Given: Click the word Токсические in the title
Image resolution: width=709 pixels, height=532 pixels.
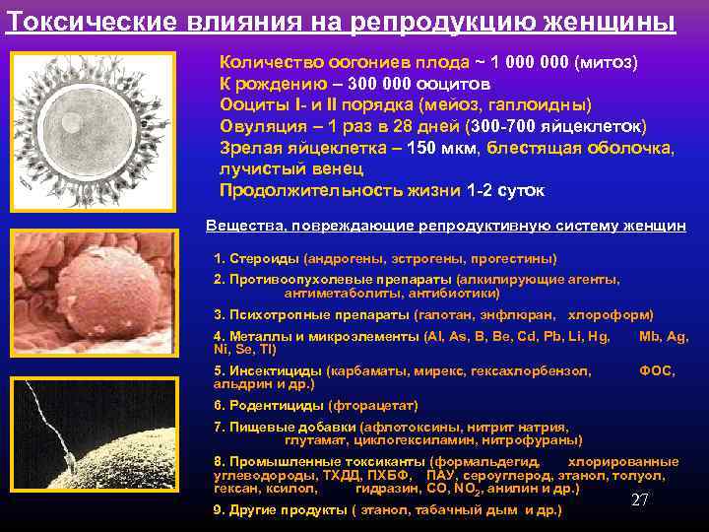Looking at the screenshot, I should click(x=73, y=22).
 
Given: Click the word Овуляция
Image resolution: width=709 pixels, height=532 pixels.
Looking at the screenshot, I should click(x=260, y=126).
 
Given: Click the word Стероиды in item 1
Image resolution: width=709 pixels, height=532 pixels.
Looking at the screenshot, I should click(x=263, y=258).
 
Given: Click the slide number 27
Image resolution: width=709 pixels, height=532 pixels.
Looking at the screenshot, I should click(x=639, y=499).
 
